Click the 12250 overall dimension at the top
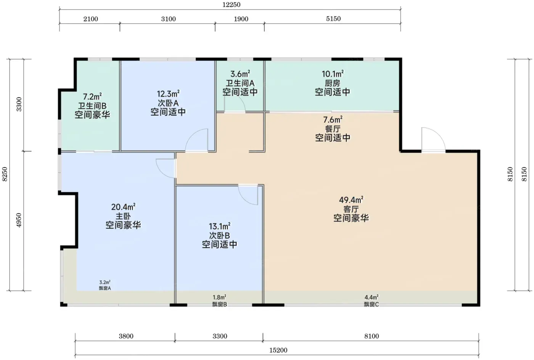[x=231, y=5]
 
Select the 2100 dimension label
[x=91, y=19]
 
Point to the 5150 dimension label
[x=333, y=19]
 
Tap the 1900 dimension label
[x=241, y=19]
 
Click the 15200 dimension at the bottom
[x=278, y=350]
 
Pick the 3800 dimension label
[x=126, y=336]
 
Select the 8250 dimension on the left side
[x=5, y=174]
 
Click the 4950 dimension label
[x=19, y=220]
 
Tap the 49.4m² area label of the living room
[x=351, y=200]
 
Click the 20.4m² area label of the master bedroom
[x=123, y=207]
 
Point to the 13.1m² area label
[x=220, y=226]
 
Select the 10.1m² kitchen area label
[x=333, y=74]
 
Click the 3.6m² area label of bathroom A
[x=240, y=74]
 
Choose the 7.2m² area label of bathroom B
[x=92, y=96]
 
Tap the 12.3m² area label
[x=168, y=94]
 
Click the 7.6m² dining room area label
[x=333, y=119]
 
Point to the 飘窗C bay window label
[x=372, y=304]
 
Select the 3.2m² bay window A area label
[x=105, y=282]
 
